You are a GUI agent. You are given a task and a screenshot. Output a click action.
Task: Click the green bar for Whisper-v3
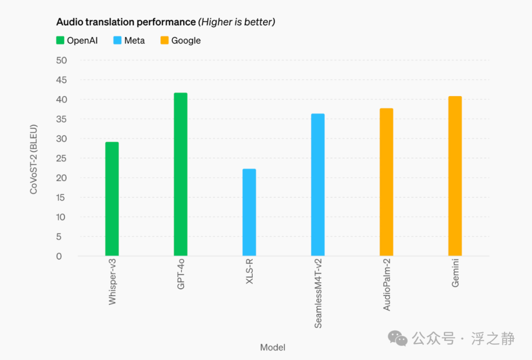(x=112, y=199)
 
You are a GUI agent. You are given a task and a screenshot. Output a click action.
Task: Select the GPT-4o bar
(x=180, y=174)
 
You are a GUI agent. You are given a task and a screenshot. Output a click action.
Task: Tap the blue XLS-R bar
(x=249, y=212)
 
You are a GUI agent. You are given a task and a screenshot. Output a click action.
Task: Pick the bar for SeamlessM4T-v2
(x=318, y=185)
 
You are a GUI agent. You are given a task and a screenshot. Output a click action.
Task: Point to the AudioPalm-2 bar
(x=387, y=182)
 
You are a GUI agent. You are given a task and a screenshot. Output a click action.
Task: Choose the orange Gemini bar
(x=455, y=176)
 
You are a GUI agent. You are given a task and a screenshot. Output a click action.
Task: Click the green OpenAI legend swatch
(x=60, y=40)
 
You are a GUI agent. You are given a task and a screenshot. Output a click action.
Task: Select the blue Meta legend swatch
(x=117, y=40)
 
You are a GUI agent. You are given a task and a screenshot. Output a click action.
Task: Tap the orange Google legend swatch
(x=165, y=40)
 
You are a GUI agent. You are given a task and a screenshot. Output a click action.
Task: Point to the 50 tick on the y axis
(x=62, y=61)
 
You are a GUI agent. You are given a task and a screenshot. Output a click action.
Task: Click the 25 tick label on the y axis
(x=62, y=158)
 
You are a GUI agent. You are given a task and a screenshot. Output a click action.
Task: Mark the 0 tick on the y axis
(x=59, y=256)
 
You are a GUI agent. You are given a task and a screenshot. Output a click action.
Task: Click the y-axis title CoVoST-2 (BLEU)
(x=33, y=159)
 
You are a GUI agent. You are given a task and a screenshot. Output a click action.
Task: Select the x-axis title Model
(x=272, y=348)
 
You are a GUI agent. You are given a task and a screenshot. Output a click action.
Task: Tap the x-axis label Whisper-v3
(x=112, y=282)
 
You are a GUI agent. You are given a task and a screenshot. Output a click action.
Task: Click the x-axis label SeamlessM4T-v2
(x=318, y=294)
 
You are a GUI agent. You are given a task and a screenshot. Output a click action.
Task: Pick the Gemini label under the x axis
(x=455, y=273)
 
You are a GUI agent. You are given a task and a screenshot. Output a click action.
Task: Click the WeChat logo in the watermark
(x=398, y=339)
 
